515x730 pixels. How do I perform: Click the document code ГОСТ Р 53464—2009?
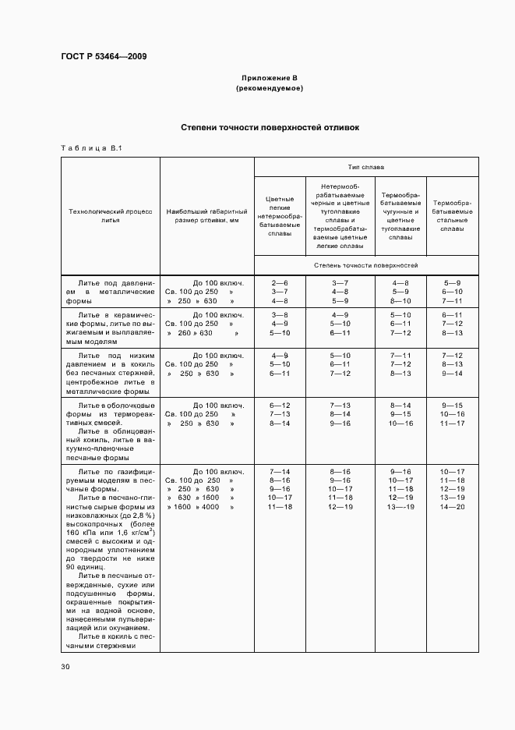coord(104,56)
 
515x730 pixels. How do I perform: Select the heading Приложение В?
coord(270,78)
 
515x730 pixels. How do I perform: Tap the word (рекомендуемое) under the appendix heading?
coord(270,88)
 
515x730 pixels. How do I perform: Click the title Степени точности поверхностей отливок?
coord(270,127)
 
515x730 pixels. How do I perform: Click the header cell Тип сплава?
coord(366,167)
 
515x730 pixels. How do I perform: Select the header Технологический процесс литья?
coord(111,216)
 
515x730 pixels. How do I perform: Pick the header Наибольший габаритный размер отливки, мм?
coord(207,216)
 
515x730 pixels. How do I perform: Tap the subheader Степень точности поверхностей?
coord(366,266)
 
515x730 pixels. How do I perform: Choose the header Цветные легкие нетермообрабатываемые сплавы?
coord(279,215)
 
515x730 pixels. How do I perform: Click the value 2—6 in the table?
coord(279,282)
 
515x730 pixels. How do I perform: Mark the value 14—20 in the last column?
coord(452,507)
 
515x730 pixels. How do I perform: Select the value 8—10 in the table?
coord(400,301)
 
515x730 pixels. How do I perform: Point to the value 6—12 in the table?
coord(279,406)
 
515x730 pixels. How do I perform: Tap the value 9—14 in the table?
coord(452,374)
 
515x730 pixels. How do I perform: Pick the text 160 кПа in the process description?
coord(84,533)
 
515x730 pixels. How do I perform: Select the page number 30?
coord(65,667)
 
